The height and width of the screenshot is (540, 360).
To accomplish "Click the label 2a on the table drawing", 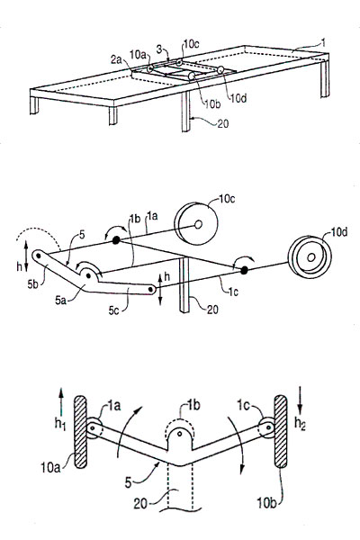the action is pyautogui.click(x=116, y=59).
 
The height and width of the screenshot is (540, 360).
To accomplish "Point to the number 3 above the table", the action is pyautogui.click(x=158, y=49).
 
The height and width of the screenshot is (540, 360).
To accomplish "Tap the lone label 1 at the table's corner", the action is pyautogui.click(x=323, y=42).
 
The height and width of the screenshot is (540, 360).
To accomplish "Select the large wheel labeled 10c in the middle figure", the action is pyautogui.click(x=196, y=224).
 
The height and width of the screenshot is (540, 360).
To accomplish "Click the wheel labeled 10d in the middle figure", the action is pyautogui.click(x=310, y=256).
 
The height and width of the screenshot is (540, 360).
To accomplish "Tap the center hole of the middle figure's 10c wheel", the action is pyautogui.click(x=198, y=224).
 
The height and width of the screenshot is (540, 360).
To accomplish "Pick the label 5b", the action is pyautogui.click(x=35, y=284).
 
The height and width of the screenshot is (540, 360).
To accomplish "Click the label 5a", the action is pyautogui.click(x=60, y=301).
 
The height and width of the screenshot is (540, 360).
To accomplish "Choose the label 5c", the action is pyautogui.click(x=114, y=310).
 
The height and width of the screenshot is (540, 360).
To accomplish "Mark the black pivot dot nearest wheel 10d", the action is pyautogui.click(x=244, y=270).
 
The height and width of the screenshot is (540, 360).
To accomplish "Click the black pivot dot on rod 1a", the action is pyautogui.click(x=116, y=240).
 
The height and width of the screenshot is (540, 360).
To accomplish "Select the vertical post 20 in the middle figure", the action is pyautogui.click(x=184, y=284).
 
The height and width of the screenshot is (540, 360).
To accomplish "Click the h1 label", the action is pyautogui.click(x=59, y=424).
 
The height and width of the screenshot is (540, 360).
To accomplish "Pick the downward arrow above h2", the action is pyautogui.click(x=301, y=400).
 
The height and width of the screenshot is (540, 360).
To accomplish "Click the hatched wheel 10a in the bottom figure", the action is pyautogui.click(x=80, y=432).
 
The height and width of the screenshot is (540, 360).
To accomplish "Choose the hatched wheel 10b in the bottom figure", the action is pyautogui.click(x=281, y=431).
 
